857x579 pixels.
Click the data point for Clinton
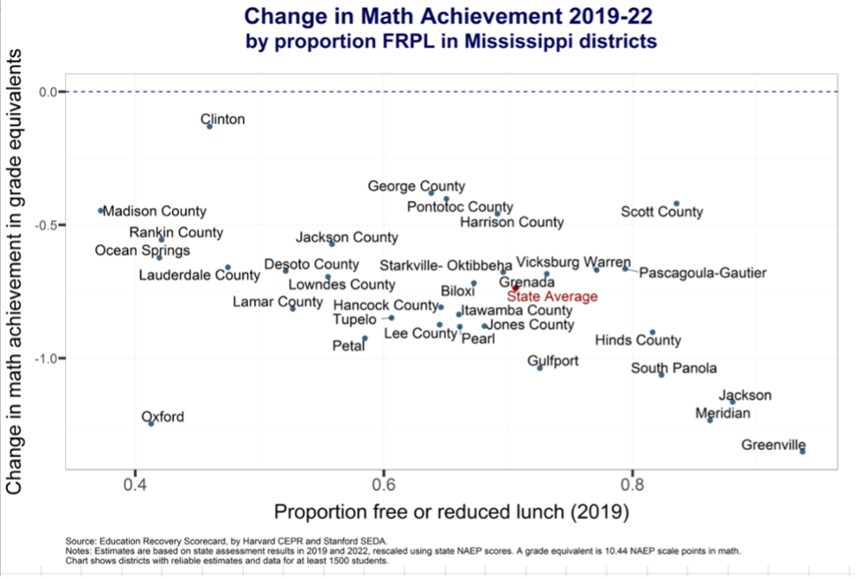click(x=210, y=126)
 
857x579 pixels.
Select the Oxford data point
click(x=151, y=424)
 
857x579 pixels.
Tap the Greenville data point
click(x=802, y=451)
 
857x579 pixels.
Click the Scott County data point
click(x=676, y=204)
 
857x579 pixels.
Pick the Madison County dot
click(x=101, y=210)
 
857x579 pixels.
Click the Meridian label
click(x=723, y=413)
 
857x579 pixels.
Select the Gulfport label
click(x=553, y=361)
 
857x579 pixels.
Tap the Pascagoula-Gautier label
click(x=703, y=273)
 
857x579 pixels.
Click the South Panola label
click(x=673, y=368)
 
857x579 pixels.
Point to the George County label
click(x=417, y=186)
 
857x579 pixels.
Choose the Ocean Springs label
click(x=142, y=251)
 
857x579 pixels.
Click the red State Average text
click(x=553, y=297)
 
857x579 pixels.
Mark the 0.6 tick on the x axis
click(x=383, y=485)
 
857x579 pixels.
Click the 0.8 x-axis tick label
click(x=631, y=485)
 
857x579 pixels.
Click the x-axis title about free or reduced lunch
click(x=451, y=512)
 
